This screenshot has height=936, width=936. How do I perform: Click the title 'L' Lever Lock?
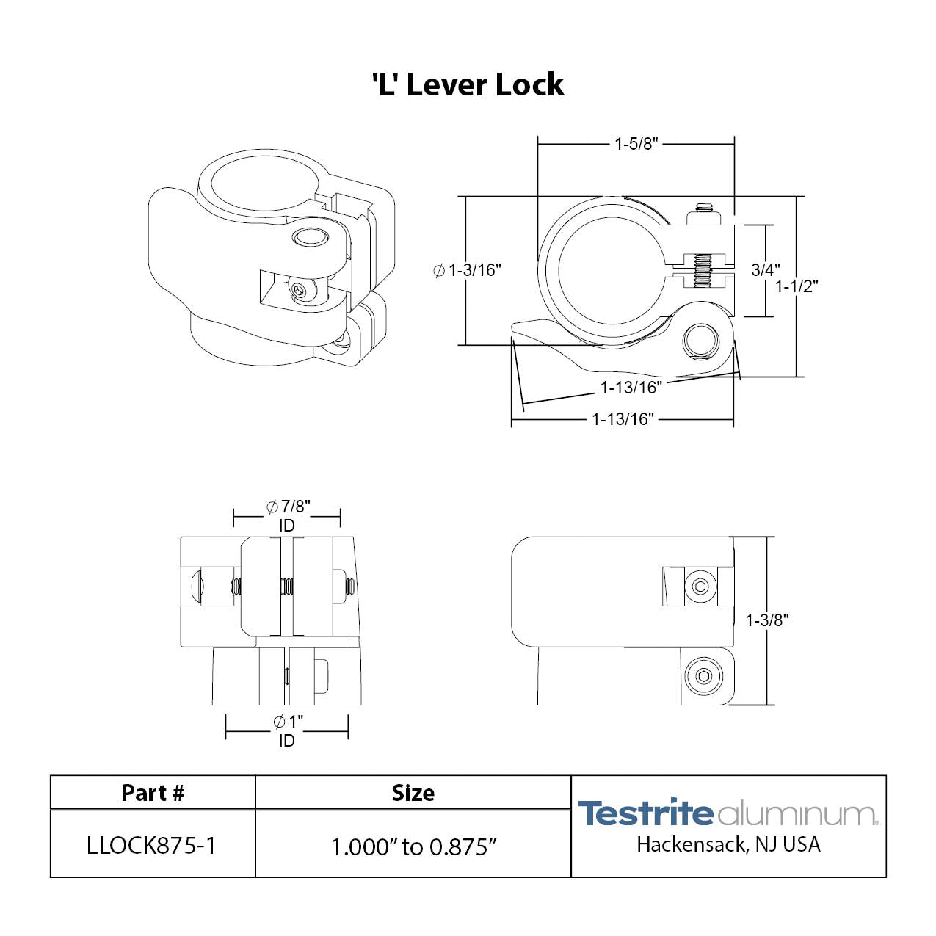click(x=468, y=85)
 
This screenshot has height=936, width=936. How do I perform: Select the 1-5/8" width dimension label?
click(x=636, y=144)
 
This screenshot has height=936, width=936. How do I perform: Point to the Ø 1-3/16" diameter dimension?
click(x=468, y=270)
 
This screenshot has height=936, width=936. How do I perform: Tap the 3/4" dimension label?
click(x=765, y=269)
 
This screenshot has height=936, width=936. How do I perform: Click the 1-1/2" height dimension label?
click(x=797, y=286)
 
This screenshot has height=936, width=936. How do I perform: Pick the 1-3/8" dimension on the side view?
click(x=767, y=620)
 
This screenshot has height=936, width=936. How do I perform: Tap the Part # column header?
click(x=153, y=793)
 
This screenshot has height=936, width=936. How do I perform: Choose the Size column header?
click(x=413, y=793)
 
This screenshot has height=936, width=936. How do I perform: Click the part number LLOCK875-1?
click(x=151, y=846)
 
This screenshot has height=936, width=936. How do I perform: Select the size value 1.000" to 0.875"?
click(x=414, y=846)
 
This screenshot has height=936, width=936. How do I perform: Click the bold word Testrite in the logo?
click(x=645, y=813)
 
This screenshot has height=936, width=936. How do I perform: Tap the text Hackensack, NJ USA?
click(x=728, y=845)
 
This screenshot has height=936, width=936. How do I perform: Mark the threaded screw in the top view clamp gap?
click(x=703, y=270)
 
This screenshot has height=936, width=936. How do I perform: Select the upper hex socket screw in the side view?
click(x=700, y=586)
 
